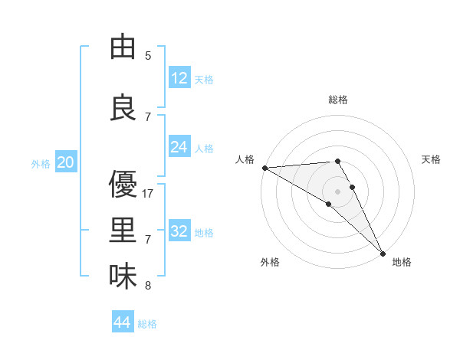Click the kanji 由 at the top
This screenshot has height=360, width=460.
(x=123, y=47)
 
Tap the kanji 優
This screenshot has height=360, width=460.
(x=123, y=185)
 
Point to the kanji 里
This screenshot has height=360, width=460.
(x=123, y=231)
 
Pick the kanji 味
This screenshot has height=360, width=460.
(x=123, y=277)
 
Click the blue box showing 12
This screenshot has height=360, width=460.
(x=179, y=78)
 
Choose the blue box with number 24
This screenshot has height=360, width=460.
(x=179, y=147)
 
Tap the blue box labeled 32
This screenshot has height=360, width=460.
(x=179, y=231)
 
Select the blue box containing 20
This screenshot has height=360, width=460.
(x=66, y=162)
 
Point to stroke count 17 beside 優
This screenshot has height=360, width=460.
(x=149, y=194)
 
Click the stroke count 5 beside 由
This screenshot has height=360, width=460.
(x=148, y=56)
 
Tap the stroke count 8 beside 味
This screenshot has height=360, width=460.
(x=148, y=286)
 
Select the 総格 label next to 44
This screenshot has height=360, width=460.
(x=148, y=324)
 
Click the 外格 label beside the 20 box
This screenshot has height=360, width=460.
(x=41, y=163)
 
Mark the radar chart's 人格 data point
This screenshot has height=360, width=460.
(x=264, y=167)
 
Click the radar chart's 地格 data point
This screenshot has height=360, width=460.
(x=383, y=252)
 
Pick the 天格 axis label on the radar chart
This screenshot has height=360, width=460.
(x=431, y=159)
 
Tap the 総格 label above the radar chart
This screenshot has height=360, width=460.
(x=338, y=100)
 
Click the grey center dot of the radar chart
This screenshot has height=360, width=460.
(x=337, y=191)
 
